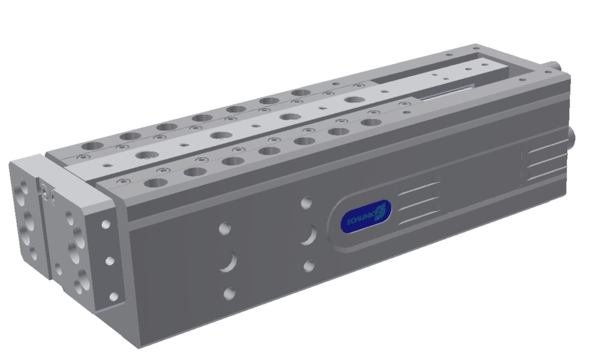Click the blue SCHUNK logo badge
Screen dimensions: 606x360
[366, 216]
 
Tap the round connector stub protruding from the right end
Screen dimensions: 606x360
[572, 137]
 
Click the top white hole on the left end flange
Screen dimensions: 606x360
[106, 225]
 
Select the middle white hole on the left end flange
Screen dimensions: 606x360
[110, 261]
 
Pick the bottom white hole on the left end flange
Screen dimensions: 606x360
[114, 296]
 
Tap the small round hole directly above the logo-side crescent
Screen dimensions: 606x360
[306, 203]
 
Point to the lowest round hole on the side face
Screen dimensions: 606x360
[229, 294]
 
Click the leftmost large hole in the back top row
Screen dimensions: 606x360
[93, 147]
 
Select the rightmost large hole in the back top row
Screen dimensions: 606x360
[301, 93]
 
